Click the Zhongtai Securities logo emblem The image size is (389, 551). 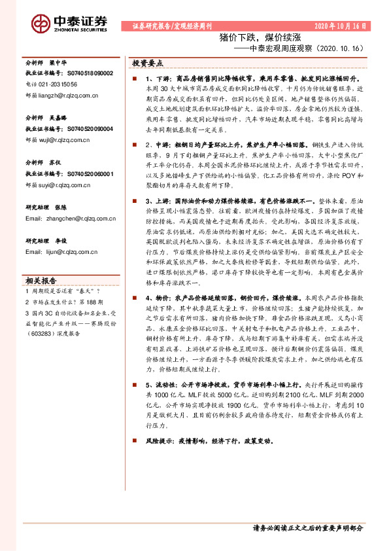click(41, 24)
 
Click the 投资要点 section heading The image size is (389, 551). click(148, 63)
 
